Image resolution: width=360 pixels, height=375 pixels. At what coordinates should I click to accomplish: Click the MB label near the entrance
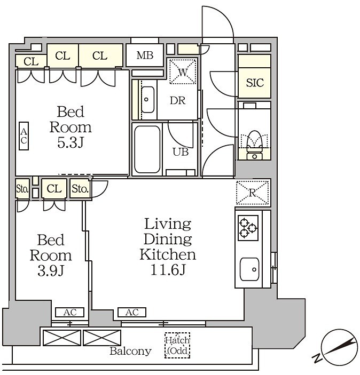[145, 55]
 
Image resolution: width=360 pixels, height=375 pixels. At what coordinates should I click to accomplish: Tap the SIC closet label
[255, 83]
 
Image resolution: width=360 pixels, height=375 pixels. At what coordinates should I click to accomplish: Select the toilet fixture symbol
[255, 145]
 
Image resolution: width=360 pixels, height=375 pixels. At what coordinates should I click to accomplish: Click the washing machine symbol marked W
[183, 71]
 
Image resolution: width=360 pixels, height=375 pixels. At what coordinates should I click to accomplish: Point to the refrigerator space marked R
[253, 193]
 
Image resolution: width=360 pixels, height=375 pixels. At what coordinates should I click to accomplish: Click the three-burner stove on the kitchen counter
[248, 228]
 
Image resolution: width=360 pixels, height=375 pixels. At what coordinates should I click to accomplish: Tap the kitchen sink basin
[249, 269]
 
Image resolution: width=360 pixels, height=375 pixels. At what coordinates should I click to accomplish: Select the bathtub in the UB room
[147, 149]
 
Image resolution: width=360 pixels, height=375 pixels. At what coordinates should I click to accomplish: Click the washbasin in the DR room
[147, 100]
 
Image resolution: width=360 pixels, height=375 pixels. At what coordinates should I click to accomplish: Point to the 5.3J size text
[70, 143]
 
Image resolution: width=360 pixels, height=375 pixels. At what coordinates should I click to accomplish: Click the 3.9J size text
[51, 271]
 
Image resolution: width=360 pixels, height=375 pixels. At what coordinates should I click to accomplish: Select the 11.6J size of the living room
[168, 270]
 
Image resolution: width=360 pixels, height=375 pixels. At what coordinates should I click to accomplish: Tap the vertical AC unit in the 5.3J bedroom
[24, 136]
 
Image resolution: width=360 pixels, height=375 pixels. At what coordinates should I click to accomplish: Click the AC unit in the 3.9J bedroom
[69, 313]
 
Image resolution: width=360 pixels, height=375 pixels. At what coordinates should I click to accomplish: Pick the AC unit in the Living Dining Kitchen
[132, 313]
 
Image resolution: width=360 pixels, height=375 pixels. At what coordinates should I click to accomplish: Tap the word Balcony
[130, 351]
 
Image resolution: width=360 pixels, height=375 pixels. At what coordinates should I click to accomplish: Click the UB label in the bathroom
[181, 152]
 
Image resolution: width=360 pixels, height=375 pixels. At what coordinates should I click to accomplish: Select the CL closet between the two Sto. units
[54, 189]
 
